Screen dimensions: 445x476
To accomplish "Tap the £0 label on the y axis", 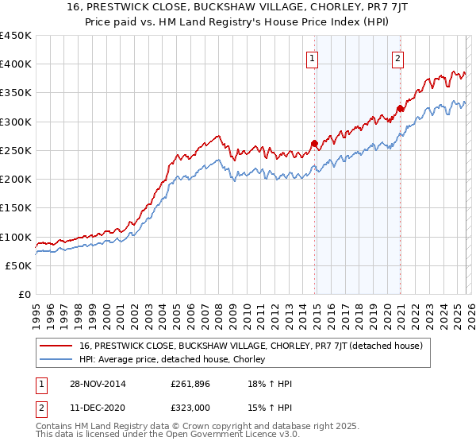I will [x=23, y=295].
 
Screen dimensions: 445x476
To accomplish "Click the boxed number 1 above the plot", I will [x=313, y=57].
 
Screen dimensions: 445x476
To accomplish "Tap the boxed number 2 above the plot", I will [x=397, y=57].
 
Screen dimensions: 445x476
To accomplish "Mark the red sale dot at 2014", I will [x=314, y=144].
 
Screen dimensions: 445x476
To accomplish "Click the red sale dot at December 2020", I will [x=400, y=109].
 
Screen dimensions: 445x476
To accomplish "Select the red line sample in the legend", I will [x=57, y=346].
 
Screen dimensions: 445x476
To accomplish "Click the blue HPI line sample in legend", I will [x=57, y=360].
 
